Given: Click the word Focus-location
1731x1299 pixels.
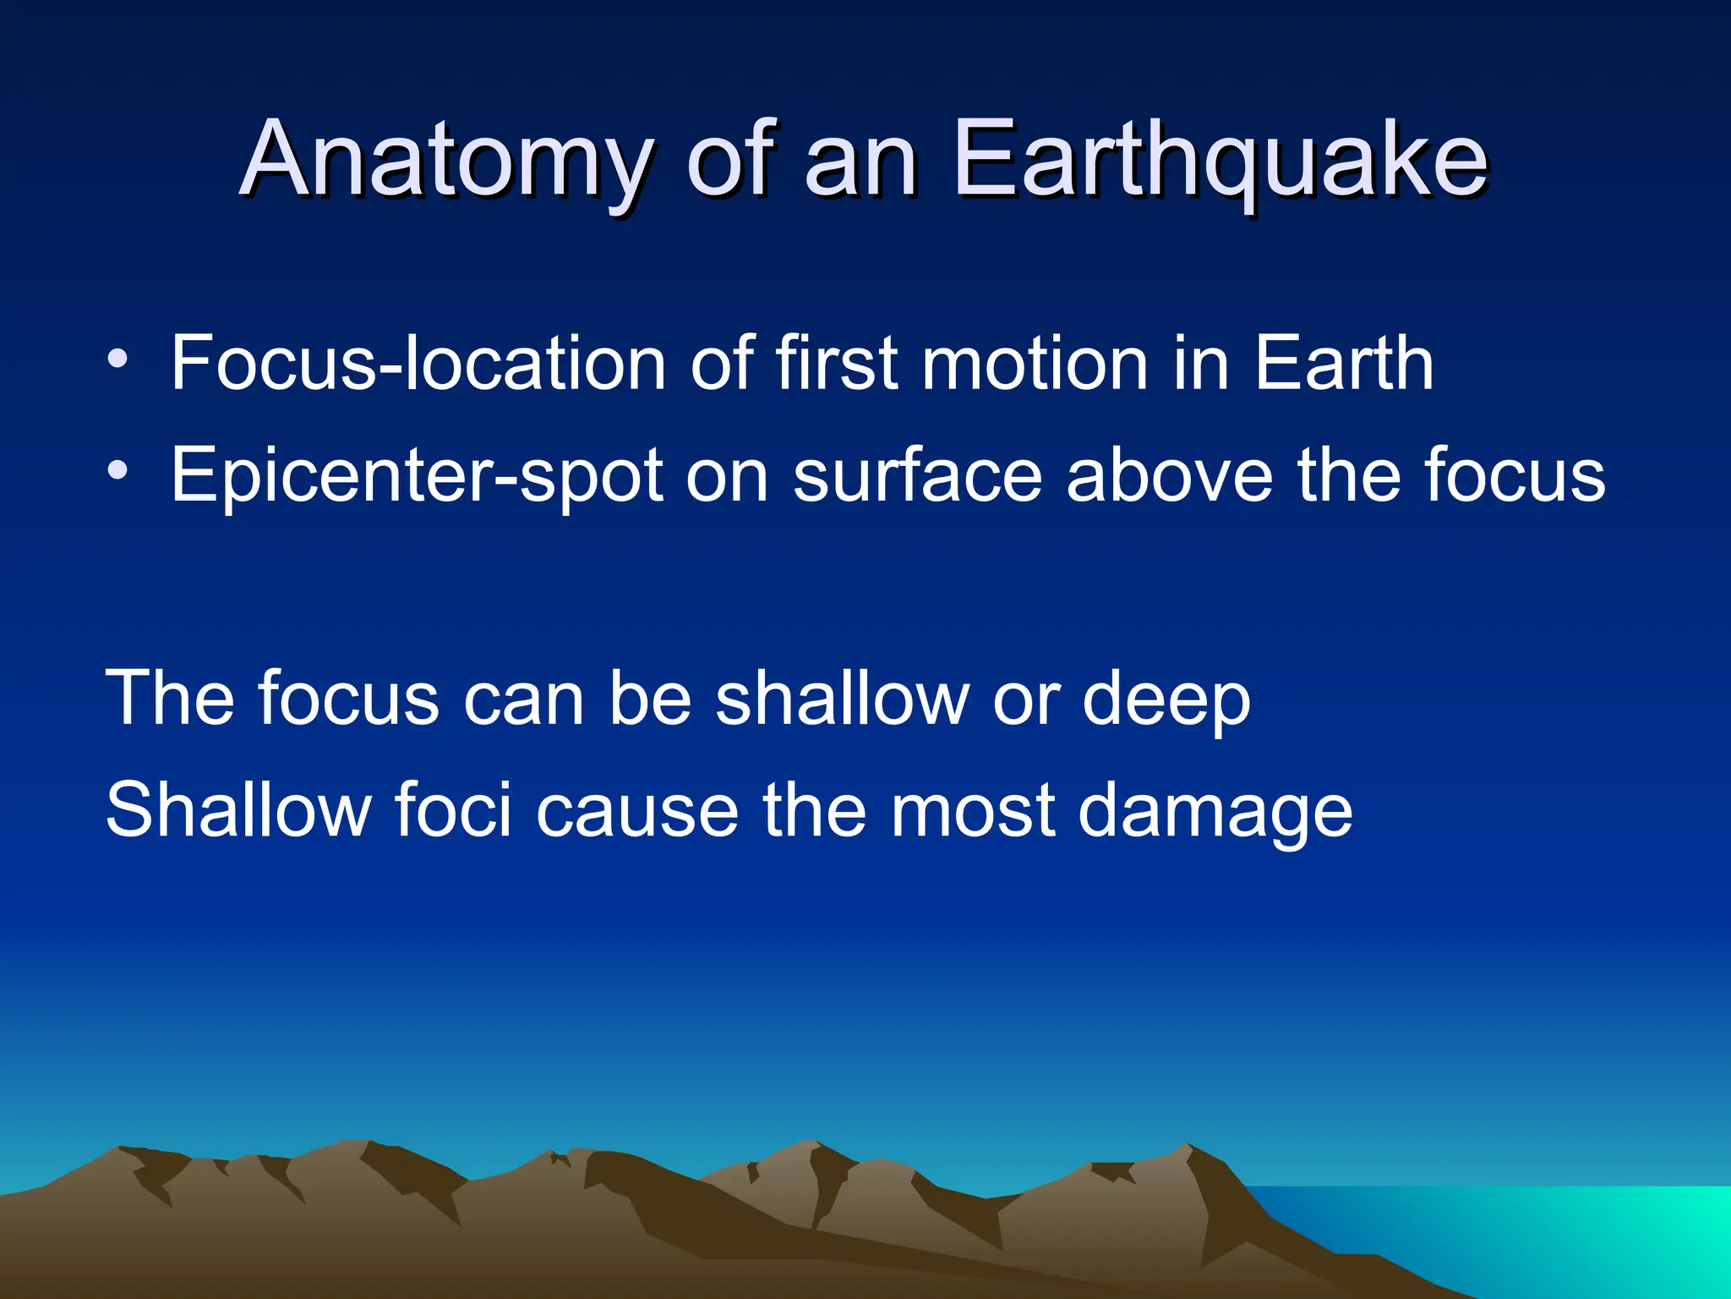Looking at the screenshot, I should pyautogui.click(x=418, y=364).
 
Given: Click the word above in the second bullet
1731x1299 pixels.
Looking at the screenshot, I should pyautogui.click(x=1170, y=476).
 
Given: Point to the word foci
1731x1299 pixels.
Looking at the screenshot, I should pyautogui.click(x=453, y=810).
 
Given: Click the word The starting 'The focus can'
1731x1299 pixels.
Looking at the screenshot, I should pyautogui.click(x=169, y=699).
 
